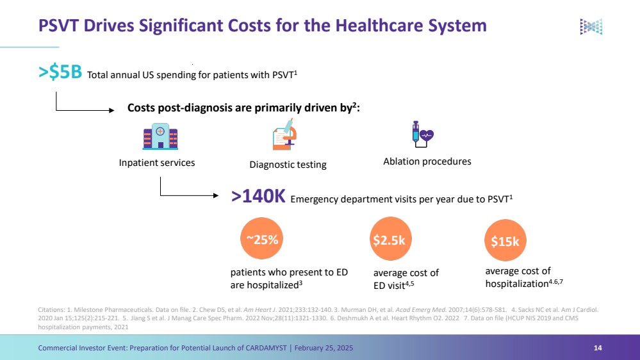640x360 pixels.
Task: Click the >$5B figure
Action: pyautogui.click(x=60, y=72)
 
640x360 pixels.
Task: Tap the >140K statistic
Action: pyautogui.click(x=258, y=196)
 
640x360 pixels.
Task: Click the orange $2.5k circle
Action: pyautogui.click(x=390, y=240)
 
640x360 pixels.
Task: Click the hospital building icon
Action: pyautogui.click(x=160, y=136)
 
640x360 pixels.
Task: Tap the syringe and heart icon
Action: pyautogui.click(x=422, y=134)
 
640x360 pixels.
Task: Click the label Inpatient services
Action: pyautogui.click(x=157, y=163)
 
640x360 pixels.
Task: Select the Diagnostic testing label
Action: pyautogui.click(x=288, y=165)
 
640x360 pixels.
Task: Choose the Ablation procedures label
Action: pyautogui.click(x=427, y=161)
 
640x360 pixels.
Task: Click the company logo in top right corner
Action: pyautogui.click(x=591, y=26)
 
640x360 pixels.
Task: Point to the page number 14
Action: pyautogui.click(x=598, y=348)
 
